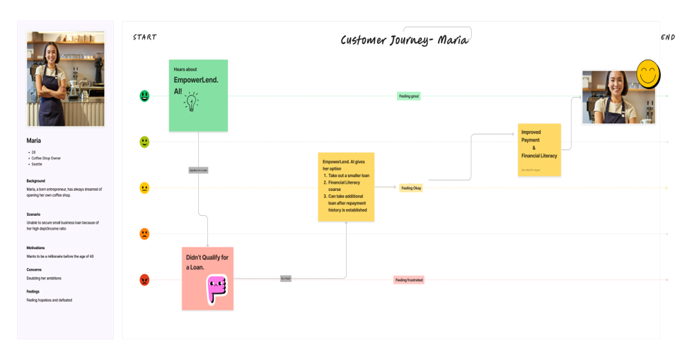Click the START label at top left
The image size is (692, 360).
[144, 37]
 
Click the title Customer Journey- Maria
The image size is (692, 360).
[404, 40]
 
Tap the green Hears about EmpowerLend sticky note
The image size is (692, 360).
[198, 95]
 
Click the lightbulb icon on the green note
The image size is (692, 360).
[191, 103]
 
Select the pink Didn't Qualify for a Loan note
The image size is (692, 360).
[207, 278]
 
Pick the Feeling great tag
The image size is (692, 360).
[409, 96]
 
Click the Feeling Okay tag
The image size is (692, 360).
[411, 188]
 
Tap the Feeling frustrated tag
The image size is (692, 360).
[409, 280]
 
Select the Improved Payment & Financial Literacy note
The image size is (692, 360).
[539, 150]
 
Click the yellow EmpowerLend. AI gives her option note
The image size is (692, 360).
[346, 187]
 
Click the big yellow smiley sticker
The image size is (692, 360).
[648, 74]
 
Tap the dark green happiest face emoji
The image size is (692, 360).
[144, 95]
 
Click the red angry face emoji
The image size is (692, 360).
[144, 280]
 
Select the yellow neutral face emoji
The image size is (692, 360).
[144, 188]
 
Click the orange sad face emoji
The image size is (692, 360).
[144, 234]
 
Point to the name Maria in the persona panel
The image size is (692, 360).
[34, 141]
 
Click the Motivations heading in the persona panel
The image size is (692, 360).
[35, 248]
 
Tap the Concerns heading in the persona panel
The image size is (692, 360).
[34, 269]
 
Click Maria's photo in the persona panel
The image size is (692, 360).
[65, 79]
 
